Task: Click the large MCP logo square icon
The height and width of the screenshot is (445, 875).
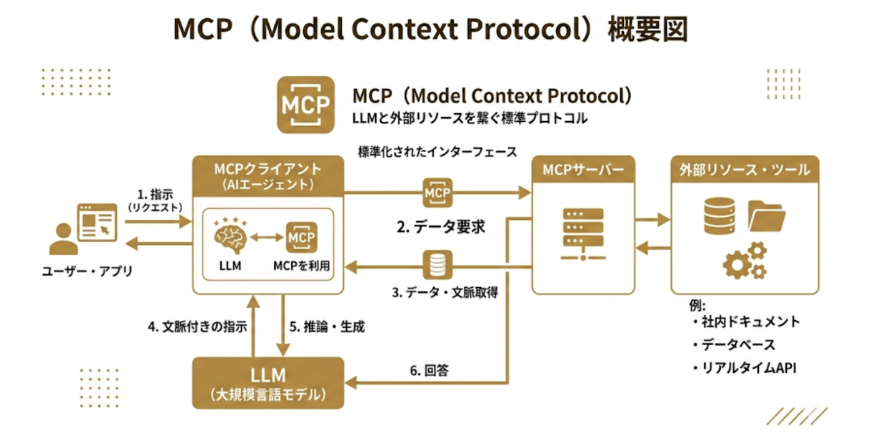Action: (305, 104)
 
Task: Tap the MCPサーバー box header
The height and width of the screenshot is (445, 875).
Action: (583, 169)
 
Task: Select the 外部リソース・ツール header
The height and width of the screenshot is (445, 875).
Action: (744, 169)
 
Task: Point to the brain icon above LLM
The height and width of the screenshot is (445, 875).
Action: (230, 237)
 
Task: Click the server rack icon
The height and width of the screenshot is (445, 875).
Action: (583, 233)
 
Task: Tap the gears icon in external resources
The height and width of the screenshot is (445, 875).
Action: (745, 261)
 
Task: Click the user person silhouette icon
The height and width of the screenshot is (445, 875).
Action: (63, 239)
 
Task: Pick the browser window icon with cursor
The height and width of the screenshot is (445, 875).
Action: (96, 221)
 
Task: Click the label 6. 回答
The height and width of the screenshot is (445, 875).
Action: (429, 371)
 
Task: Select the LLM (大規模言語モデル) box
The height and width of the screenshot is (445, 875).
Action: (268, 383)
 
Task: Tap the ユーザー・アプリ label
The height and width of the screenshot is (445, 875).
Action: (87, 271)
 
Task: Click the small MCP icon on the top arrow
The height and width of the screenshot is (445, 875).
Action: (437, 193)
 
